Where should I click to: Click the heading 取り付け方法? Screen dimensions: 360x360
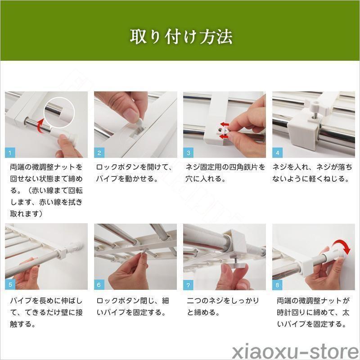pos(181,37)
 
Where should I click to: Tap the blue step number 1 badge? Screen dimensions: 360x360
pos(10,153)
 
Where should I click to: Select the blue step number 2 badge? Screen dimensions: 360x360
pos(99,153)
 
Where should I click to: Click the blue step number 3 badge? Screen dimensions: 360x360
pos(188,153)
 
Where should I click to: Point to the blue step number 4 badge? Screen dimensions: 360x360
pos(277,153)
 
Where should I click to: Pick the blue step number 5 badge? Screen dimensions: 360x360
pos(10,285)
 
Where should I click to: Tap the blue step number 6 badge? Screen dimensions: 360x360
pos(99,285)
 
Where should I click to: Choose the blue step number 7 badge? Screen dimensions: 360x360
pos(188,285)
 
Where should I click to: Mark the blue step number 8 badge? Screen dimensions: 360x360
pos(277,285)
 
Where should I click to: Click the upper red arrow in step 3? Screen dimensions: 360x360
pos(225,125)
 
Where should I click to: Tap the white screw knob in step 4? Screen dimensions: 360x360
pos(314,107)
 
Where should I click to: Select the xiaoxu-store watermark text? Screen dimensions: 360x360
pos(296,351)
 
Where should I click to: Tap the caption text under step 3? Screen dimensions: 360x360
pos(225,173)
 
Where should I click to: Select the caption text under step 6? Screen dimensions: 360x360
pos(132,306)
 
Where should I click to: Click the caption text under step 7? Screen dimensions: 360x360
pos(223,306)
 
